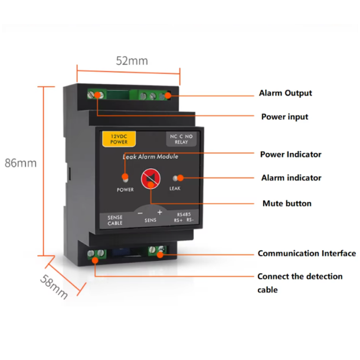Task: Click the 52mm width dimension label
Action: [132, 61]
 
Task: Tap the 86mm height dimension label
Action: [21, 163]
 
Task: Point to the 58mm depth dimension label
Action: [54, 287]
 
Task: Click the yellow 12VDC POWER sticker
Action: [119, 139]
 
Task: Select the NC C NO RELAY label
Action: [181, 139]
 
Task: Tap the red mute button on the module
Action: [150, 179]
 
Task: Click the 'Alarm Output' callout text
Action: [286, 93]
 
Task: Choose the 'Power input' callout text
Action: [284, 117]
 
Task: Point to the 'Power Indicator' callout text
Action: [291, 154]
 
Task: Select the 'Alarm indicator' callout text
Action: [292, 178]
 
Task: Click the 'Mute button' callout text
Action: [287, 204]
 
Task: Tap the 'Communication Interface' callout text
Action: [307, 253]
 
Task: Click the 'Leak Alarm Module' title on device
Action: [150, 157]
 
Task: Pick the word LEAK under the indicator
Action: [175, 188]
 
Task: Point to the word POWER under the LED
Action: [125, 189]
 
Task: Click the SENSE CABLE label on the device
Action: [115, 220]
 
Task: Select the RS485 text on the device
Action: [184, 214]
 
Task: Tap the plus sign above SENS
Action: [160, 212]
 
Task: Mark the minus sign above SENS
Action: [140, 213]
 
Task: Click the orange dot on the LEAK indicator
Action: [181, 178]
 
